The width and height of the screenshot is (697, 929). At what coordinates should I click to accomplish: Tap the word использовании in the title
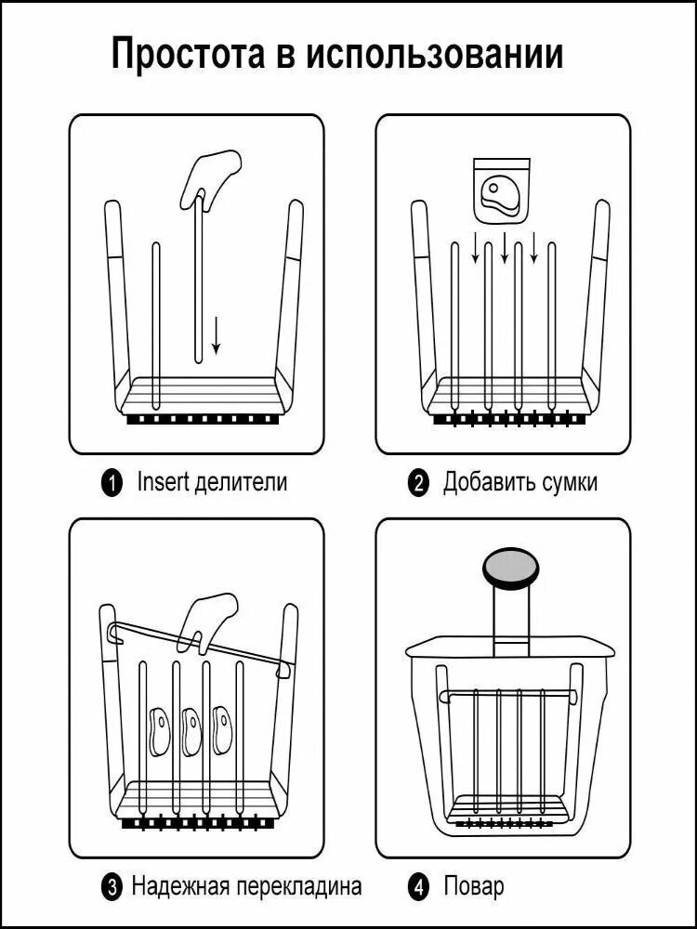[434, 55]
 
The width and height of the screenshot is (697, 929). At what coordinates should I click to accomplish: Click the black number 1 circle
[112, 483]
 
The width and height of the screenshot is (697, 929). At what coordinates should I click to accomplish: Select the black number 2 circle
[418, 483]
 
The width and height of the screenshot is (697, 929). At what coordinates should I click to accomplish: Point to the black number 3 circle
[112, 887]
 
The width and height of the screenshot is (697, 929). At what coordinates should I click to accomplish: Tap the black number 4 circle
[418, 887]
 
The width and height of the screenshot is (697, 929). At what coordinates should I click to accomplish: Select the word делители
[241, 483]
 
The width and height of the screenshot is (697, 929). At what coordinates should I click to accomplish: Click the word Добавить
[490, 483]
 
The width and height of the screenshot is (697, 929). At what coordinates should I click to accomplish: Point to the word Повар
[474, 887]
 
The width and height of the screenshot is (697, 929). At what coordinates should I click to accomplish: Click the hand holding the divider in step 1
[210, 177]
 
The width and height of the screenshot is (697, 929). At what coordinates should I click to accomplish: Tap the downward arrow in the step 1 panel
[217, 335]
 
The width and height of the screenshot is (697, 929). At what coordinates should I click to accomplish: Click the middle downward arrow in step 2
[505, 248]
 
